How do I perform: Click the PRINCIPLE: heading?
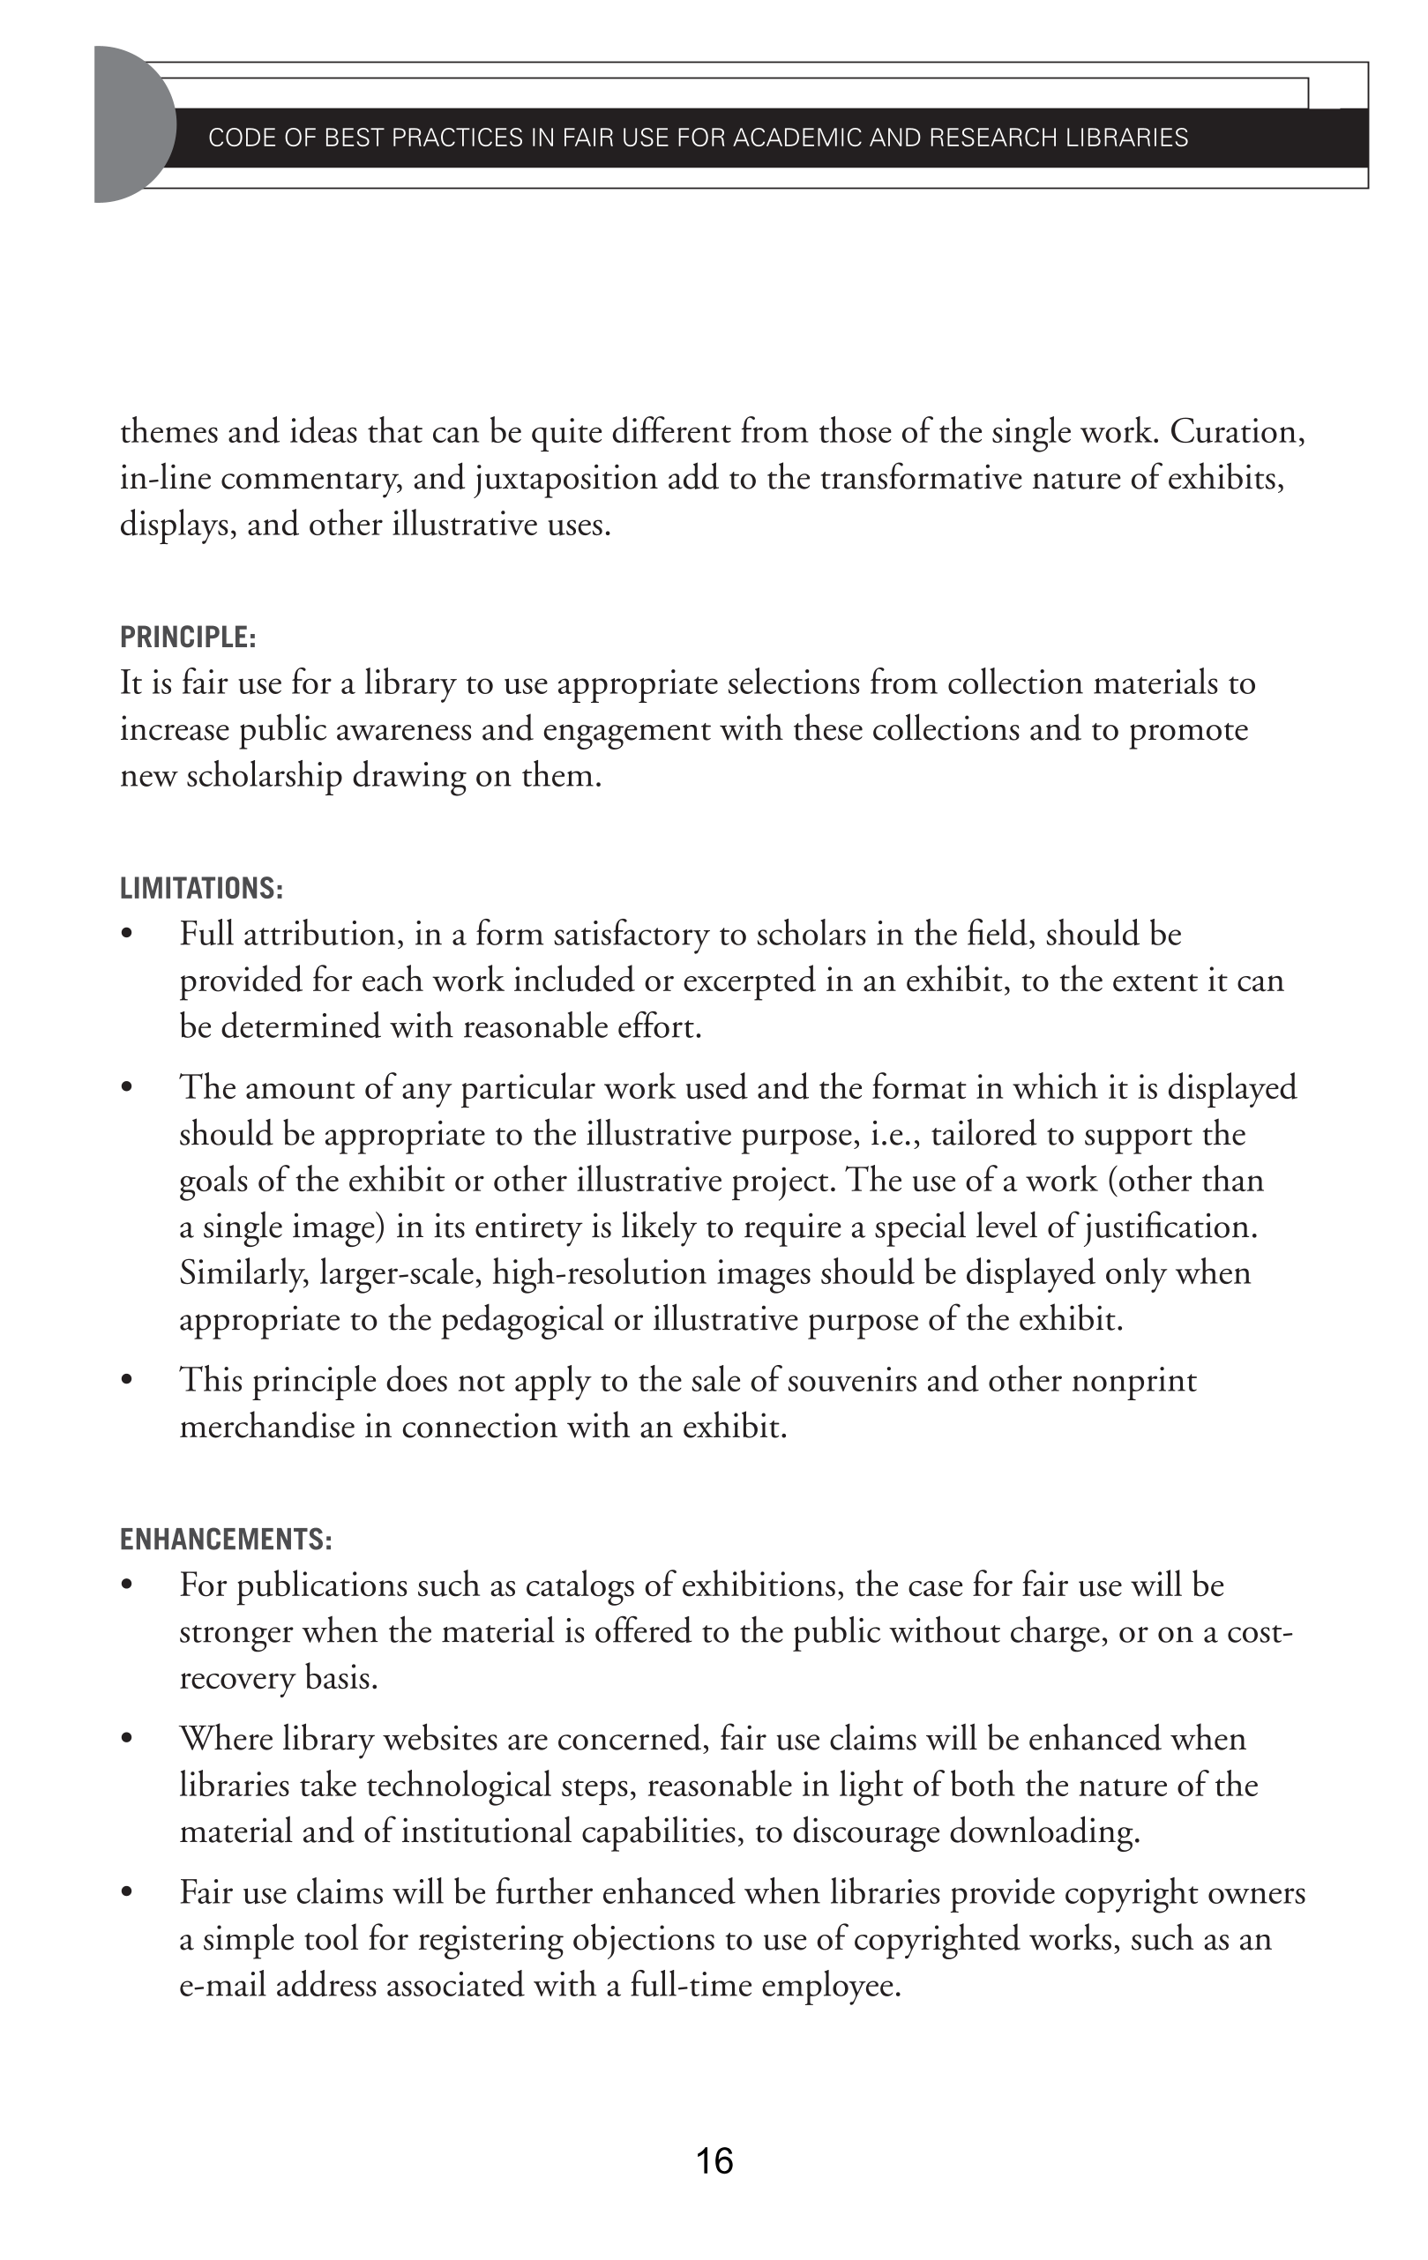click(x=188, y=638)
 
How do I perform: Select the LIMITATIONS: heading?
click(x=201, y=888)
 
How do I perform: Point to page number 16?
click(x=714, y=2160)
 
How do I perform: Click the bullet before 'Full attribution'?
click(x=127, y=935)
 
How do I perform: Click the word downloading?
click(x=1044, y=1831)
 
